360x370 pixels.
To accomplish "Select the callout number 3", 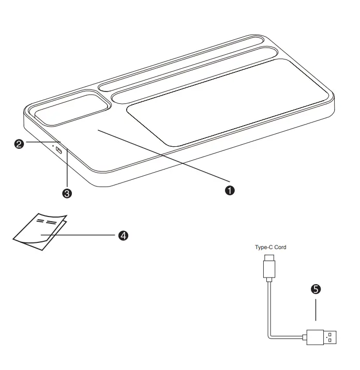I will click(x=66, y=194).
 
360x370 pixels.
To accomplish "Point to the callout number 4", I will click(x=123, y=235).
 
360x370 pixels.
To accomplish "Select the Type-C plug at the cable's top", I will click(x=270, y=267).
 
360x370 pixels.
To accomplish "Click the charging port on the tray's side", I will click(x=59, y=151).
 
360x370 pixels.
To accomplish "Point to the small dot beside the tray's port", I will click(x=52, y=146).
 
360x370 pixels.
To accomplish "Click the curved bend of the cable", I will click(x=272, y=335).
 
